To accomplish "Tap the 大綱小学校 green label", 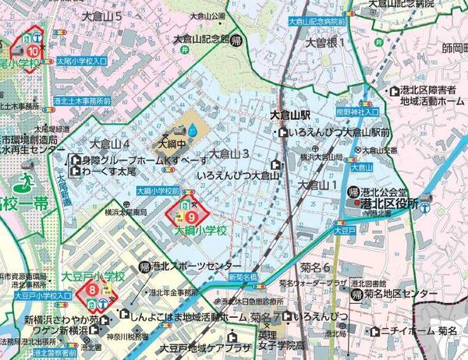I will point(200,231).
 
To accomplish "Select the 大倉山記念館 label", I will point(200,39).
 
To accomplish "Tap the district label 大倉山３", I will point(229,154).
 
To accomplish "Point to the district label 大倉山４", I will point(109,144).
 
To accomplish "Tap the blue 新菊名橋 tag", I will point(243,277).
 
